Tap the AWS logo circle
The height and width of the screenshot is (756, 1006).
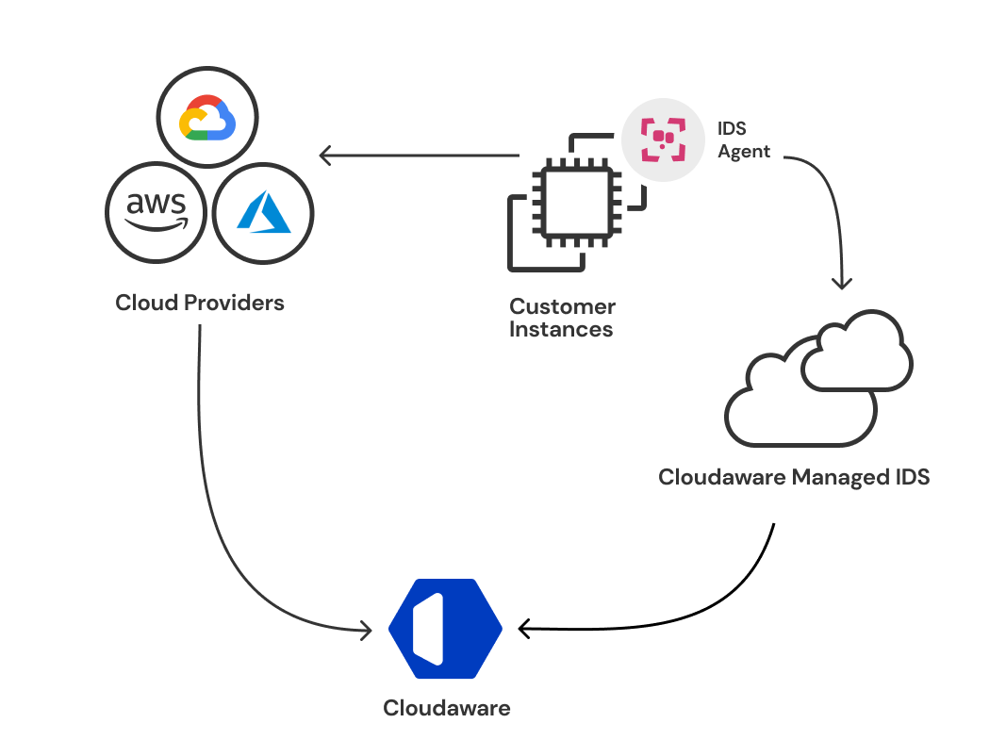click(157, 213)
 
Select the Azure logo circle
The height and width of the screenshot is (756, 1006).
click(263, 213)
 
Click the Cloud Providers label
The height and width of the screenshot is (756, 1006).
click(200, 303)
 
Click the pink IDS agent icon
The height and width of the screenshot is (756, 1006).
click(663, 139)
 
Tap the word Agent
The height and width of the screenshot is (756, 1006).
click(744, 152)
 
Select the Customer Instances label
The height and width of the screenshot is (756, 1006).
click(562, 318)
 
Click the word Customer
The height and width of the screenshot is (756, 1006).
click(562, 306)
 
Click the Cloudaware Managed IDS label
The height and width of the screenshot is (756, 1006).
click(794, 477)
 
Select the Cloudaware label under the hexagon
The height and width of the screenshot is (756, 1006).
click(446, 708)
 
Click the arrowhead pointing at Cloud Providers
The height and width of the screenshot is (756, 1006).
click(323, 155)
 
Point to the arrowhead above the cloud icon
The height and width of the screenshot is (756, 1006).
click(842, 283)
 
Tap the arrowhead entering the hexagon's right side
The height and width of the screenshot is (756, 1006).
click(522, 627)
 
